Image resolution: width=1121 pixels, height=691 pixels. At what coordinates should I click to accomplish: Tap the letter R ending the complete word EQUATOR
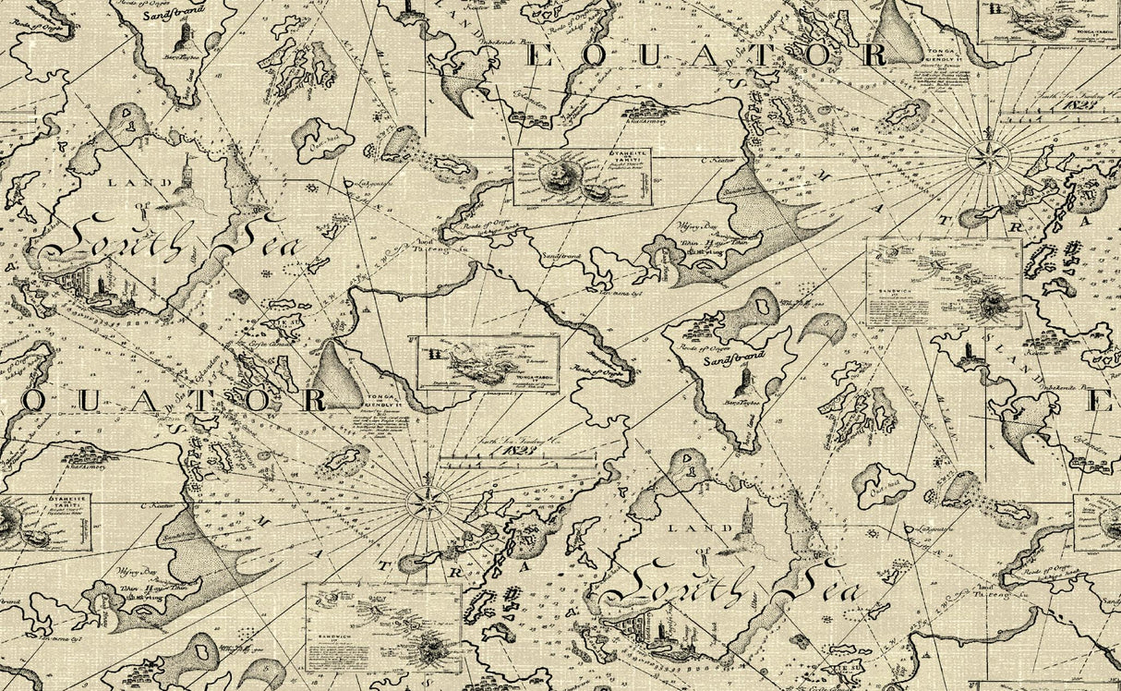pos(871,55)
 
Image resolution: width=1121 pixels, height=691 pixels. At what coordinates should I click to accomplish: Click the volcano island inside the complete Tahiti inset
pos(559,176)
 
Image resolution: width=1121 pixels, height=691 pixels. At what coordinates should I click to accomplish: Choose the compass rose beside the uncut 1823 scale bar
pos(428,502)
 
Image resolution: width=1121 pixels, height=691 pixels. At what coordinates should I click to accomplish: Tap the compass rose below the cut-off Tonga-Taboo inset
pos(988,157)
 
